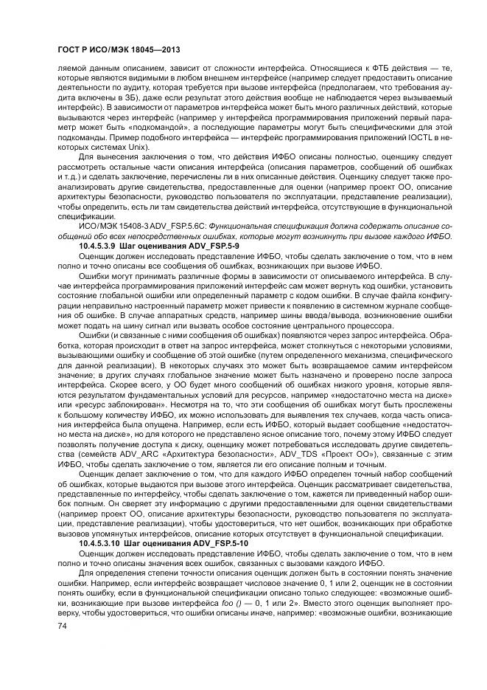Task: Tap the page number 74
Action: click(61, 625)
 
